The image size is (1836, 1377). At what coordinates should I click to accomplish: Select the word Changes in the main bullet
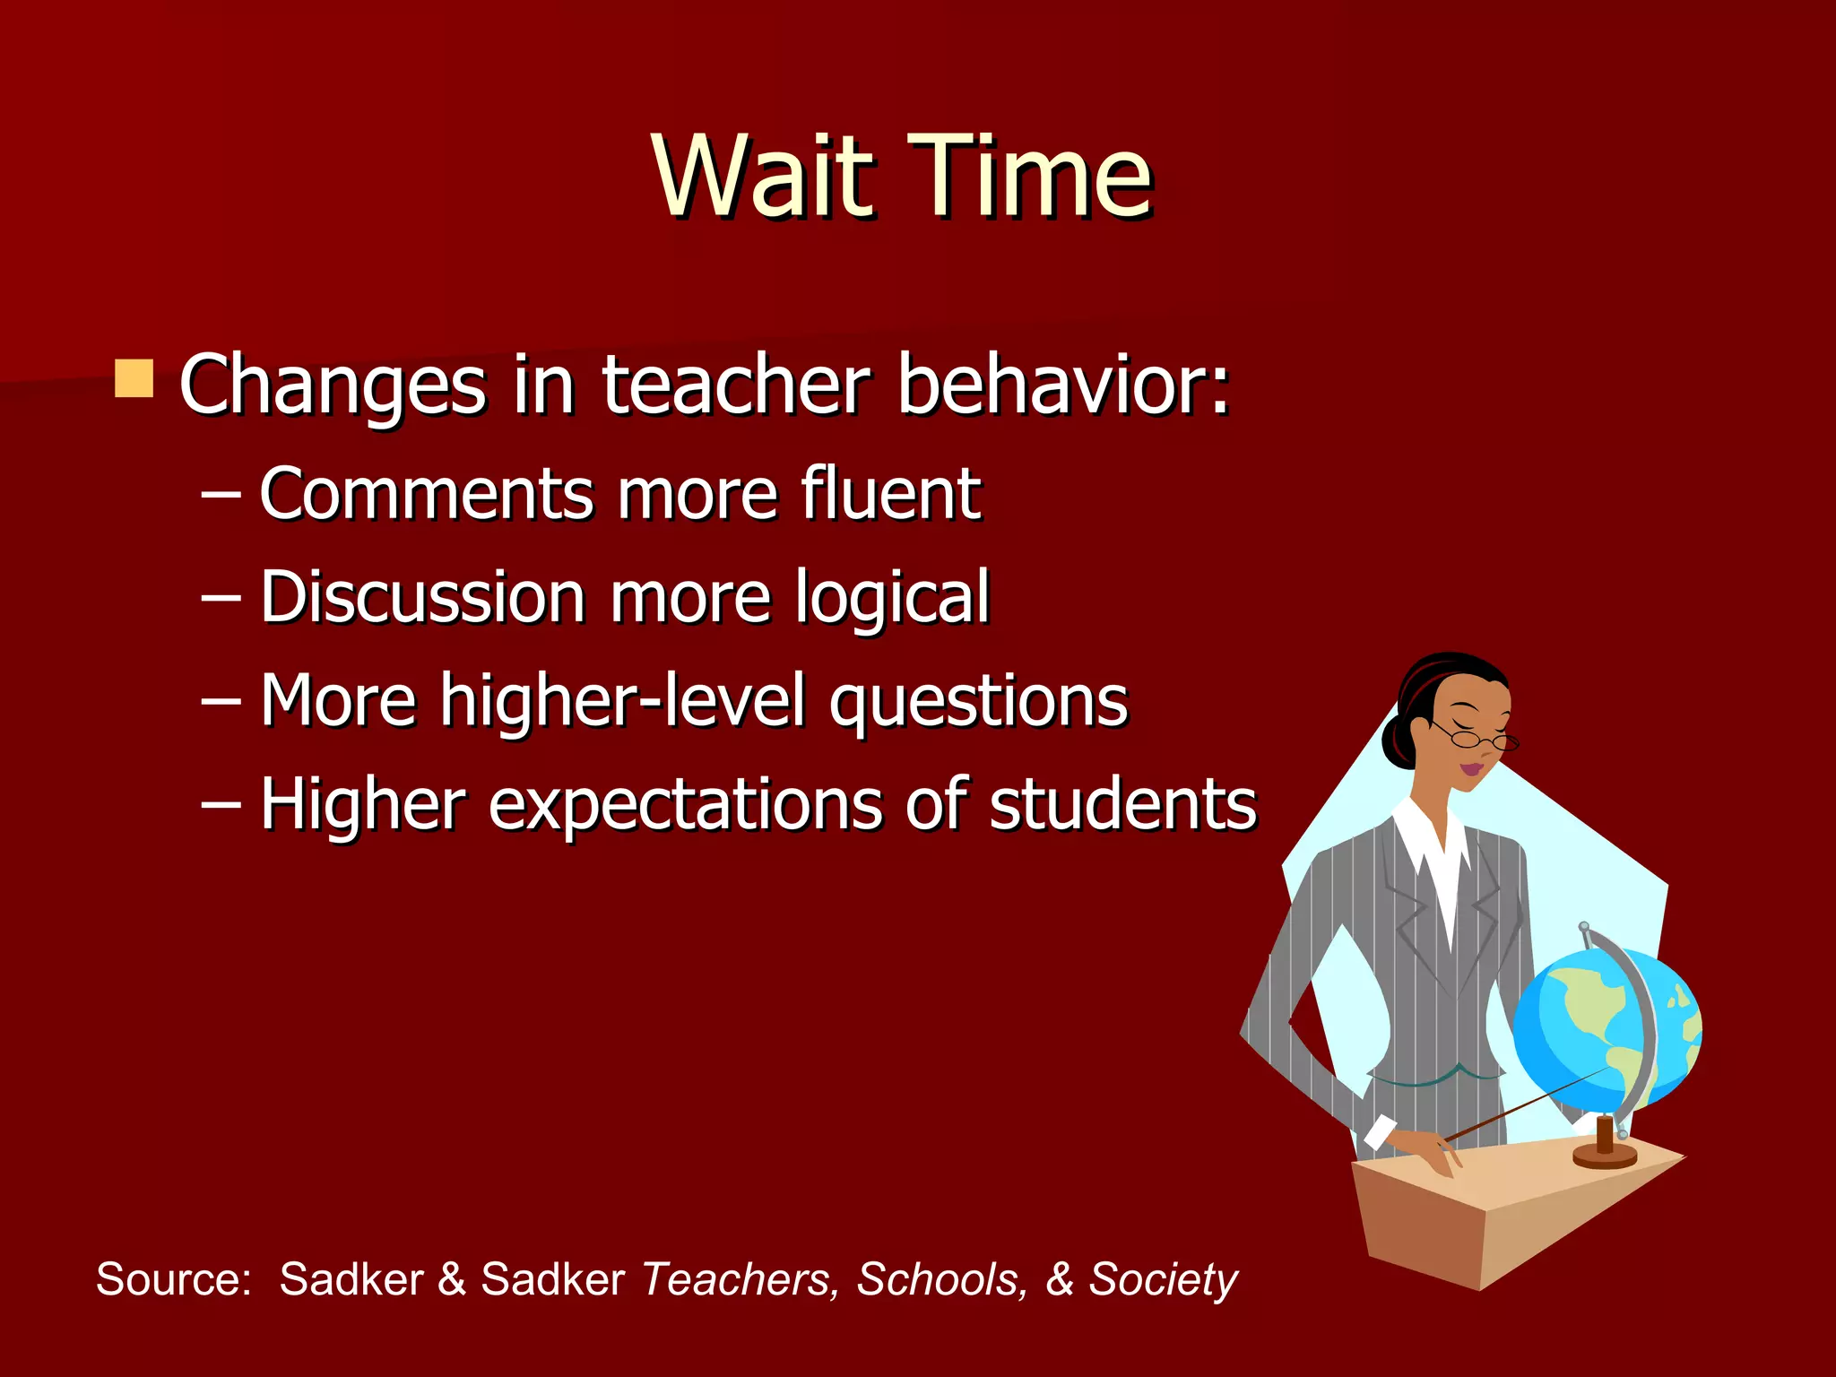(333, 385)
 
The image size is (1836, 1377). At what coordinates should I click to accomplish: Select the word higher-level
(623, 700)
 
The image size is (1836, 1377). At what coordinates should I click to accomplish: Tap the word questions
(978, 702)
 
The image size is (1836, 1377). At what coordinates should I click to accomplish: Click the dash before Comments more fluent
(221, 495)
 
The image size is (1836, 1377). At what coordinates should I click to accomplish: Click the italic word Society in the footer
(1164, 1278)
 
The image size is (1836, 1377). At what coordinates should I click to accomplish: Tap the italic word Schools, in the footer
(939, 1278)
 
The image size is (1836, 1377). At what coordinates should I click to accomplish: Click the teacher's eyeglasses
(1479, 739)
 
